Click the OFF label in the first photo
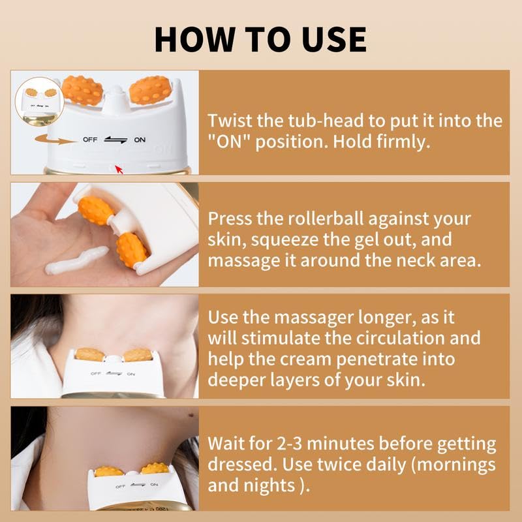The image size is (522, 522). click(x=89, y=140)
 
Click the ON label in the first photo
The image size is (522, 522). click(x=140, y=140)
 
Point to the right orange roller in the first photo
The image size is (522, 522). click(x=151, y=90)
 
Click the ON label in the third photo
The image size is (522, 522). click(x=130, y=374)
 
